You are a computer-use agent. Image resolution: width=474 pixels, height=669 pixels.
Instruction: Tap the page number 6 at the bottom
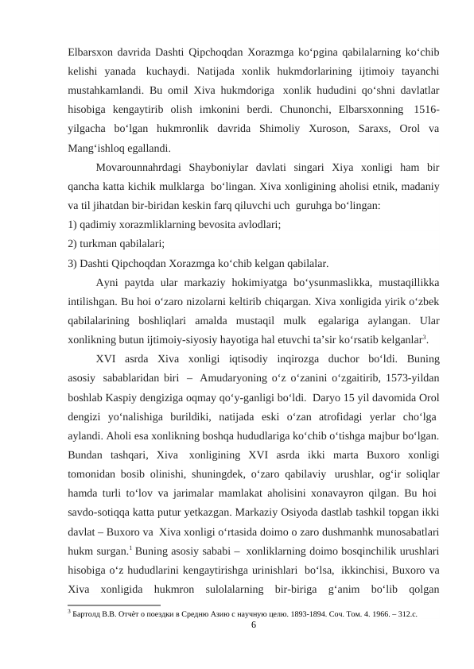pos(253,625)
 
